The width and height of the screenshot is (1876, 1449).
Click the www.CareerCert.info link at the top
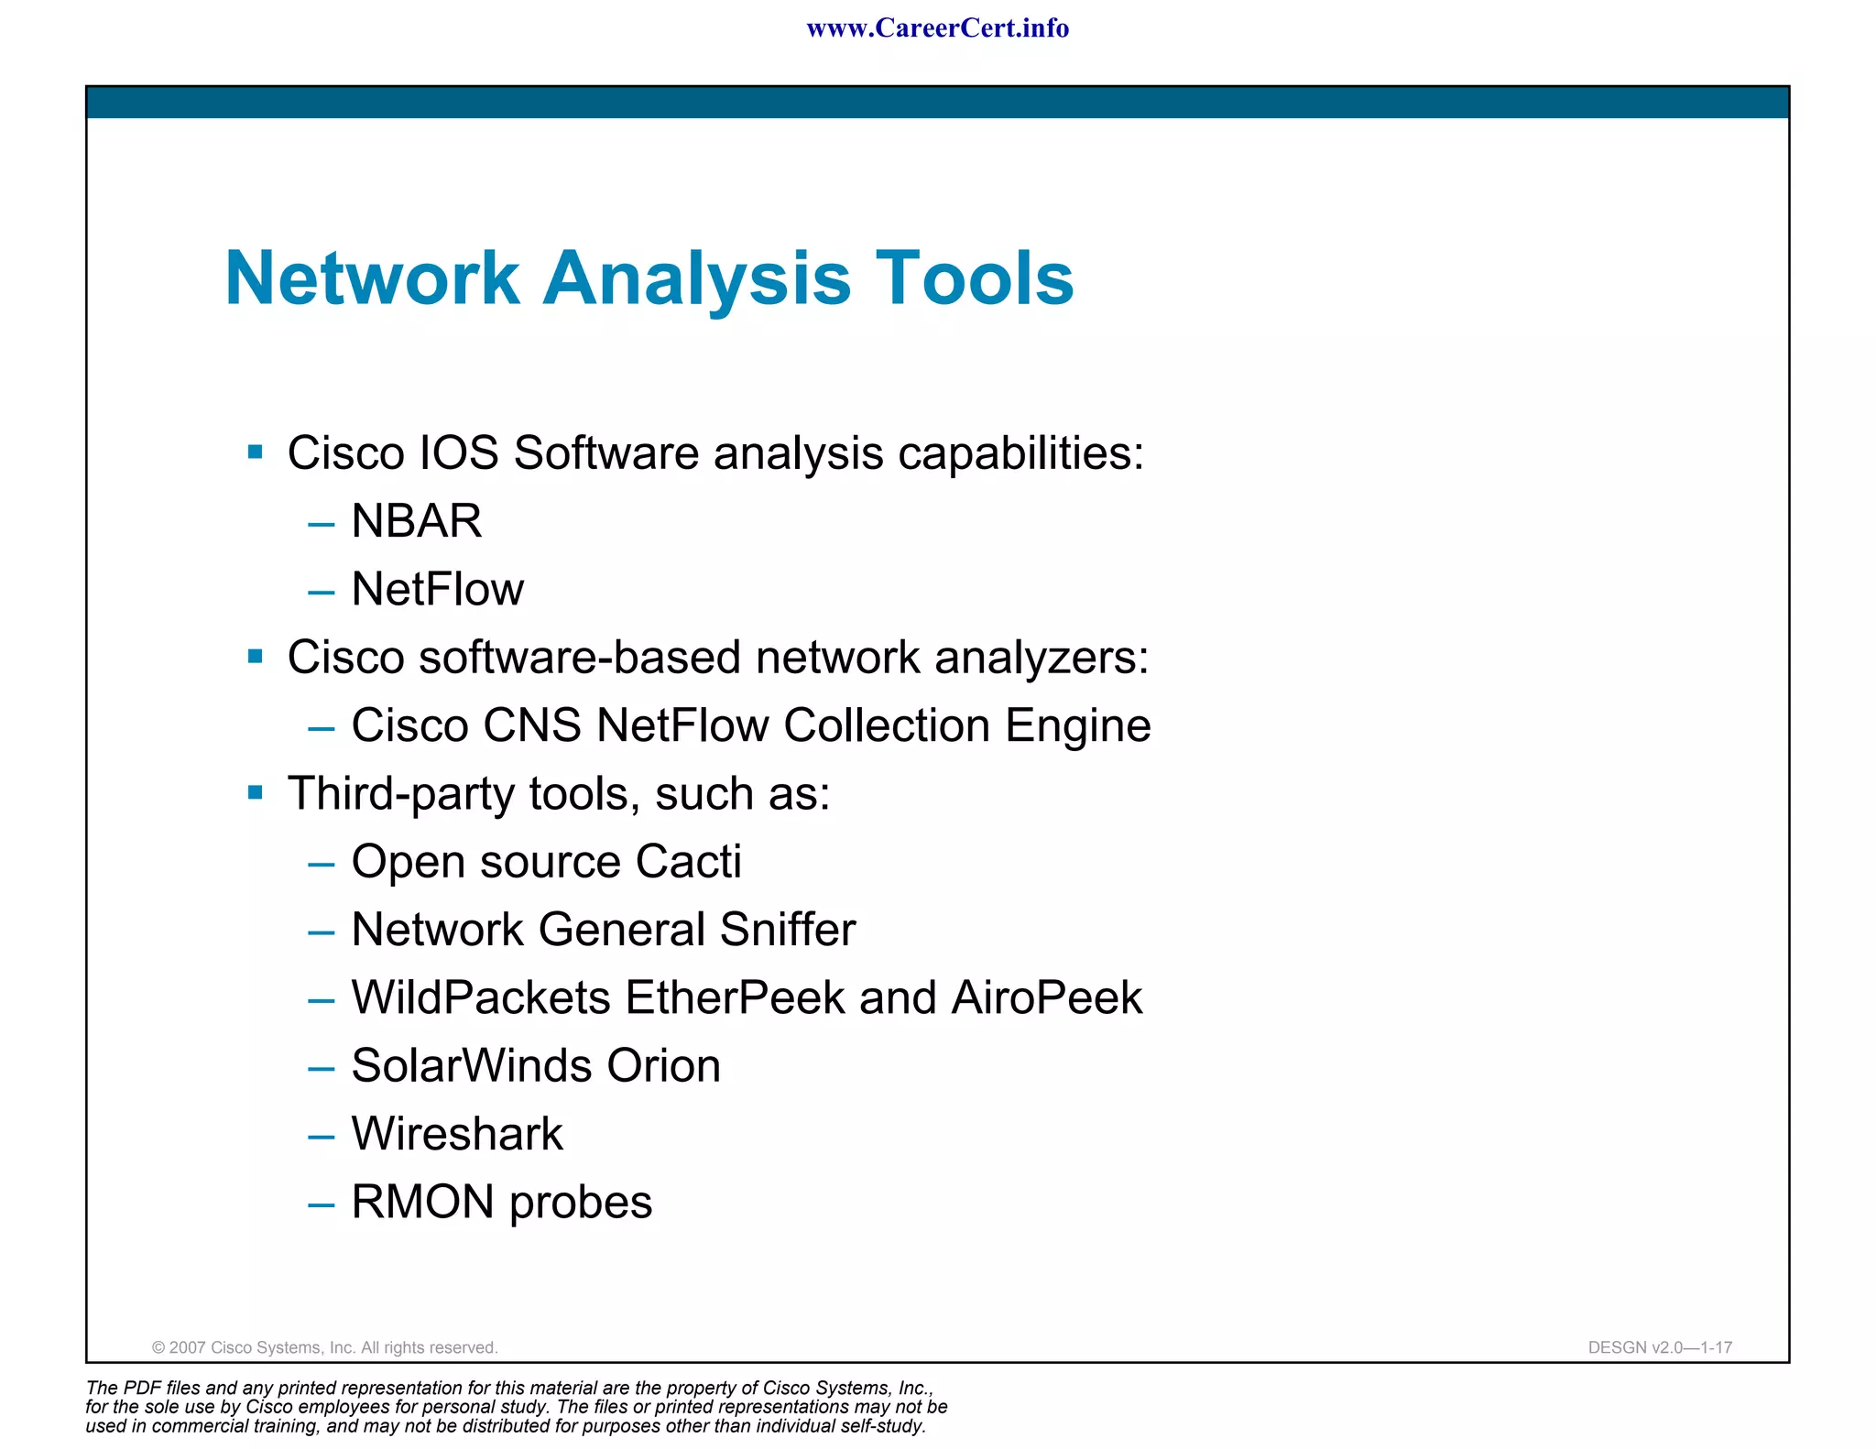(937, 28)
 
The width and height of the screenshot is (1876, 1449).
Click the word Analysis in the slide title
(696, 278)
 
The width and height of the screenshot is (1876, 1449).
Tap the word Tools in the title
(974, 278)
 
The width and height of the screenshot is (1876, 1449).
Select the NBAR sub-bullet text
(416, 521)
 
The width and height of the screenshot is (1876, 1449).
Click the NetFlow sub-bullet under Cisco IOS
(437, 589)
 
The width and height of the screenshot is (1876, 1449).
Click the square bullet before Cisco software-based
(256, 656)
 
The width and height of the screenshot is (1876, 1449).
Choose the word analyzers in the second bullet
(1041, 658)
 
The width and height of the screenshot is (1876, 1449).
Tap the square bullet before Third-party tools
(256, 792)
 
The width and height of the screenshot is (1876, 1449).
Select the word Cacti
(688, 862)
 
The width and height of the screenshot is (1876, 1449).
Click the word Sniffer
(787, 930)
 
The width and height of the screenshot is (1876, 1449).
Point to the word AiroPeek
(1046, 998)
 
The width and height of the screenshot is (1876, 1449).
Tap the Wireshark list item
(456, 1134)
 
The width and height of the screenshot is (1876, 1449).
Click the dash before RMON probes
(322, 1204)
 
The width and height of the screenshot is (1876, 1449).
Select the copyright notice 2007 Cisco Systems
(324, 1347)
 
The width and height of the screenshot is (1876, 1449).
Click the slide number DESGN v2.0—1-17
(1660, 1347)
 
